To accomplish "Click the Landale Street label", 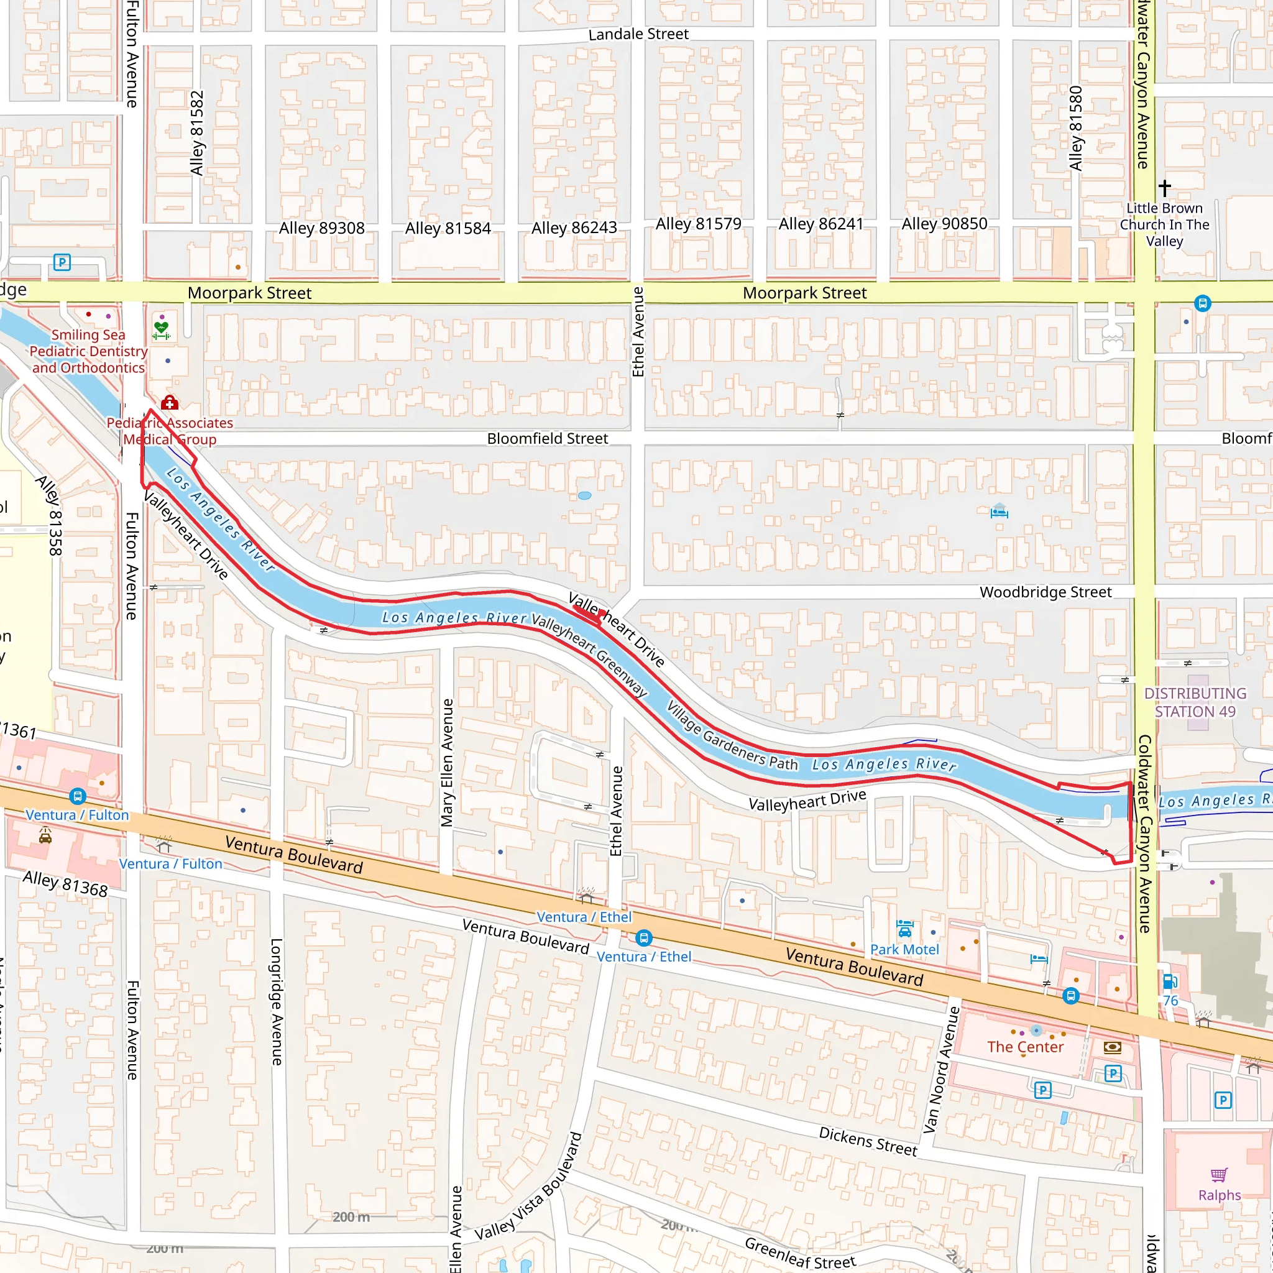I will [x=638, y=34].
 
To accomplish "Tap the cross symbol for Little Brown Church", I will [x=1164, y=188].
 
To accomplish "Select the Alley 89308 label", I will [x=321, y=228].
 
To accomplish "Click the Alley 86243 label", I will [x=574, y=228].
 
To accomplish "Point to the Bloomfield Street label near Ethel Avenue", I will [x=547, y=439].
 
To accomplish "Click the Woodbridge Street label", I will [x=1045, y=592].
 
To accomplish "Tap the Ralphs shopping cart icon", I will [x=1219, y=1175].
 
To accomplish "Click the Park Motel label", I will [x=904, y=950].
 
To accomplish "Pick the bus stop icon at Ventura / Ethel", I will [x=644, y=937].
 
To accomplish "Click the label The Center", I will [x=1024, y=1047].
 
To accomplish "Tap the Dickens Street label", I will [x=868, y=1141].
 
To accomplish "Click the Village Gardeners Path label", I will [x=732, y=736].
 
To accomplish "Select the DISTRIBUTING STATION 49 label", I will [x=1195, y=702].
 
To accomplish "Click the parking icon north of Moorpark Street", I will [x=62, y=262].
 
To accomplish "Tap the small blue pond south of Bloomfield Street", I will [x=584, y=495].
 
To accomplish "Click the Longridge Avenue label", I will [x=277, y=1001].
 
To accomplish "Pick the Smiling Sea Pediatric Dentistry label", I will [x=88, y=351].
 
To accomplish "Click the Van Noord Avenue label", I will [x=942, y=1069].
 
